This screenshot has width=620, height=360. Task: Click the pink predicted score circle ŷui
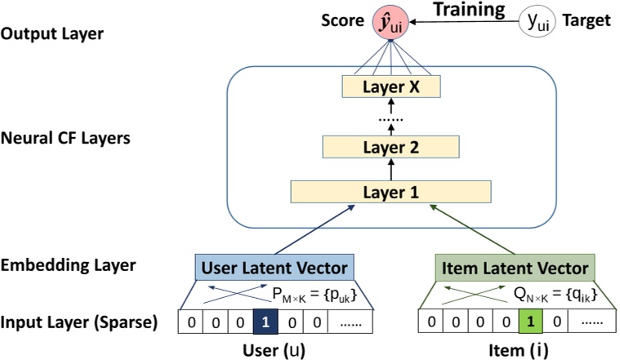(x=390, y=22)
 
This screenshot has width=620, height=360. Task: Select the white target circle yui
(x=537, y=22)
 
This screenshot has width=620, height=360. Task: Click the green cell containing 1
(x=530, y=323)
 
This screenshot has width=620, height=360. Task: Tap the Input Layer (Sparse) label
(x=79, y=322)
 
